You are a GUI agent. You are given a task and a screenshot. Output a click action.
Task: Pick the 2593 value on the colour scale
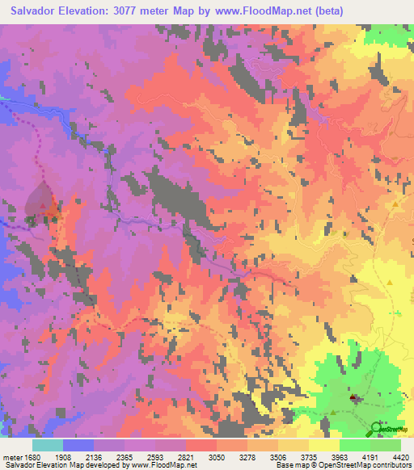(x=155, y=458)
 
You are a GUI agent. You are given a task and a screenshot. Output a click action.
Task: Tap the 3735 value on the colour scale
(x=308, y=458)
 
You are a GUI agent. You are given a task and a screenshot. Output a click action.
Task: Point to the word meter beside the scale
(x=11, y=458)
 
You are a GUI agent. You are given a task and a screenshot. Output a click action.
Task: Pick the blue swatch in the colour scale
(x=78, y=445)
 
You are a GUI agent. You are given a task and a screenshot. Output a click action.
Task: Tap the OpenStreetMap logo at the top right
(x=387, y=66)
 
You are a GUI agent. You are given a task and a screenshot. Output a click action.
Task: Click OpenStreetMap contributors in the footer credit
(x=372, y=466)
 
